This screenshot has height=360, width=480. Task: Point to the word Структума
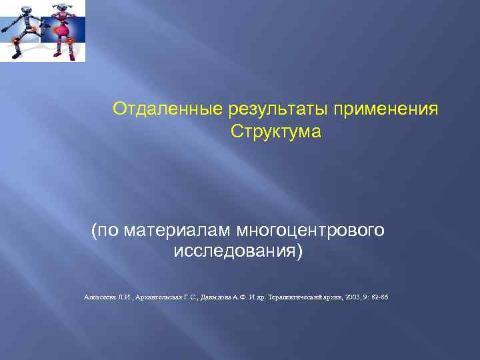[275, 131]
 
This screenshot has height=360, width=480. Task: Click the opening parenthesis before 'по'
[94, 231]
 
